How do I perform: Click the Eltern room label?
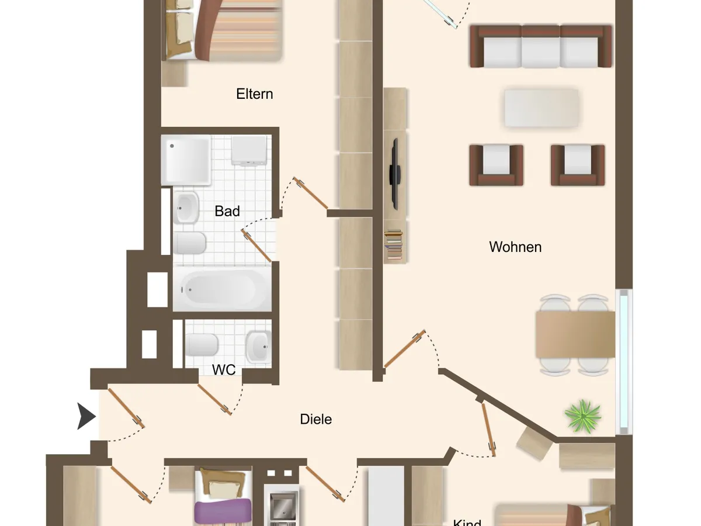pyautogui.click(x=255, y=94)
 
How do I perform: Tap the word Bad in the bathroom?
pyautogui.click(x=227, y=211)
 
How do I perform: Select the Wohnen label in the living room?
pyautogui.click(x=515, y=247)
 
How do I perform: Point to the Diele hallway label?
pyautogui.click(x=315, y=419)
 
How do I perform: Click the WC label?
pyautogui.click(x=224, y=370)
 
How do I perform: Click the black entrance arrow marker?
pyautogui.click(x=86, y=416)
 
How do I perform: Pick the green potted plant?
pyautogui.click(x=583, y=416)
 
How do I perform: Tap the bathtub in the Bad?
pyautogui.click(x=223, y=289)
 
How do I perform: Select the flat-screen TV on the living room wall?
pyautogui.click(x=395, y=174)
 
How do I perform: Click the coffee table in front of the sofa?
pyautogui.click(x=542, y=108)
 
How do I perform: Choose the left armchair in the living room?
pyautogui.click(x=496, y=165)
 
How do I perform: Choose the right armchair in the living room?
pyautogui.click(x=577, y=165)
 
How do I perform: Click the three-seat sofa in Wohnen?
pyautogui.click(x=541, y=46)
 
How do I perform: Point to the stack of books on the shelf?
pyautogui.click(x=394, y=245)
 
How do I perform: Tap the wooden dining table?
pyautogui.click(x=575, y=334)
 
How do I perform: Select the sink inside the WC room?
pyautogui.click(x=258, y=347)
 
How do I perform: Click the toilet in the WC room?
pyautogui.click(x=202, y=345)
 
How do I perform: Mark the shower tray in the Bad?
pyautogui.click(x=186, y=160)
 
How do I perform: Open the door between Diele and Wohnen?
pyautogui.click(x=405, y=349)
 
